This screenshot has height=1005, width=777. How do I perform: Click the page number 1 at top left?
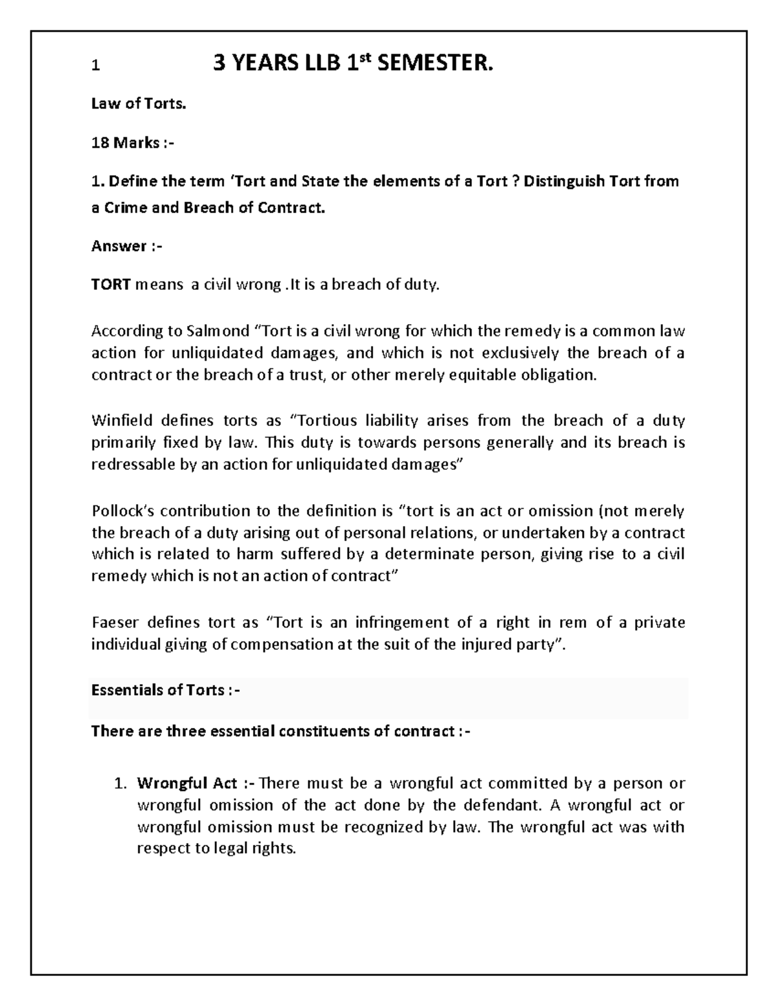95,66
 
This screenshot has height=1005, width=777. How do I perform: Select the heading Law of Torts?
139,104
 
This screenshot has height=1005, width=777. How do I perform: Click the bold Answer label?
118,246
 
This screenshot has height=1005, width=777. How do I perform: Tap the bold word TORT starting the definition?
111,285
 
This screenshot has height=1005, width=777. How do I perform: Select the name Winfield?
122,421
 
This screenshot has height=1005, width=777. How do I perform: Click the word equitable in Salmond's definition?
485,375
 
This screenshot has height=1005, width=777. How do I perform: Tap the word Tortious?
335,421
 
